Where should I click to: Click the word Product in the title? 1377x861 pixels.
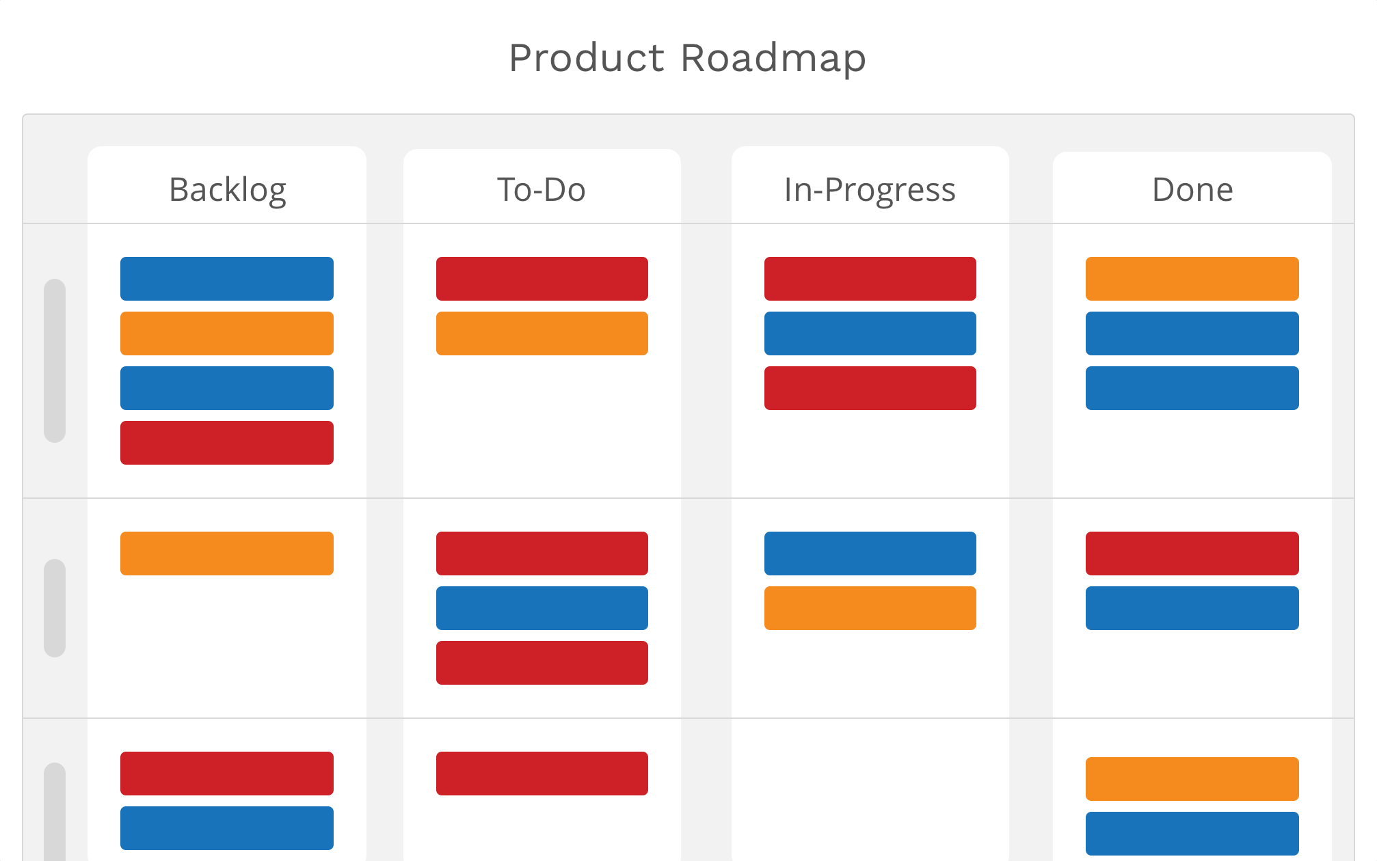(587, 59)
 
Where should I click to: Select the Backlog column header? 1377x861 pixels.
(228, 190)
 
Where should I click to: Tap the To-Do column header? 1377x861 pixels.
(542, 189)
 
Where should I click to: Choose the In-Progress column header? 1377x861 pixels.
(870, 190)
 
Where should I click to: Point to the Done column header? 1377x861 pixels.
(1192, 189)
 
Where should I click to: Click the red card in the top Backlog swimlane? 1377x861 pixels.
(227, 443)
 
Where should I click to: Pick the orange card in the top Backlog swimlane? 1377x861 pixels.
(227, 333)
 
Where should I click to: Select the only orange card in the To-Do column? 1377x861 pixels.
(542, 333)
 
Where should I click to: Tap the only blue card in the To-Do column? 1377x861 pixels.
(542, 608)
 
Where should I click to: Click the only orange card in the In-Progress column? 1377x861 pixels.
(870, 608)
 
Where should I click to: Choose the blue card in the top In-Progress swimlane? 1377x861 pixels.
(870, 333)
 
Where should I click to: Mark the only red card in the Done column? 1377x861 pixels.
(1192, 553)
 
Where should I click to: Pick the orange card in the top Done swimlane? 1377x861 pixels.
(1192, 279)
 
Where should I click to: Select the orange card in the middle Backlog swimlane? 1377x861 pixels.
(227, 553)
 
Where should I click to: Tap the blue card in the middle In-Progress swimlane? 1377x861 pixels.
(870, 553)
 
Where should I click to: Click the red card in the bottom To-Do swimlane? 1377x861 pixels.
(542, 774)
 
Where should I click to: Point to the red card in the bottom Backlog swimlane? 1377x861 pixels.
(227, 774)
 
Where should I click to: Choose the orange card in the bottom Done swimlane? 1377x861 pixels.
(1192, 779)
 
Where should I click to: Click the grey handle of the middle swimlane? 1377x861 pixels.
(55, 608)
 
